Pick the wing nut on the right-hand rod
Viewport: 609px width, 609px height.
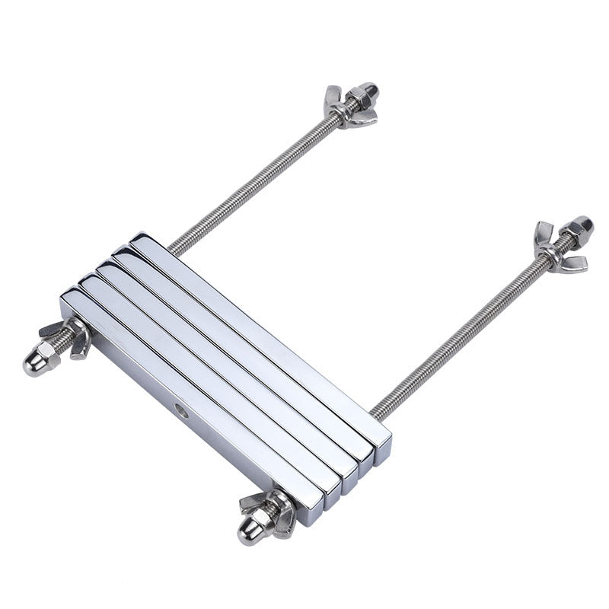pos(559,247)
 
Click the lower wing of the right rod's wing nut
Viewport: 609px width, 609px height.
pos(572,264)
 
